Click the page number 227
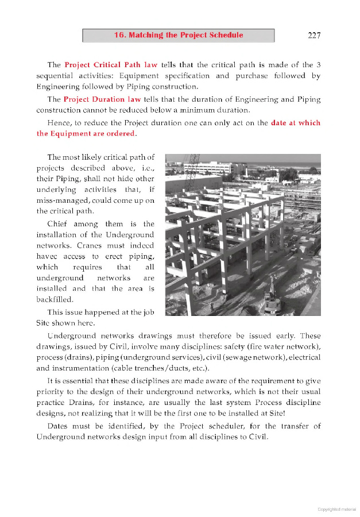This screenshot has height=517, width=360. (314, 35)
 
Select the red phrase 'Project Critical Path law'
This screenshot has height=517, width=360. (111, 65)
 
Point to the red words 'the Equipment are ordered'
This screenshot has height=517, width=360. (86, 134)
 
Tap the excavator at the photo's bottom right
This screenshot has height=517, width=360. (270, 299)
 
